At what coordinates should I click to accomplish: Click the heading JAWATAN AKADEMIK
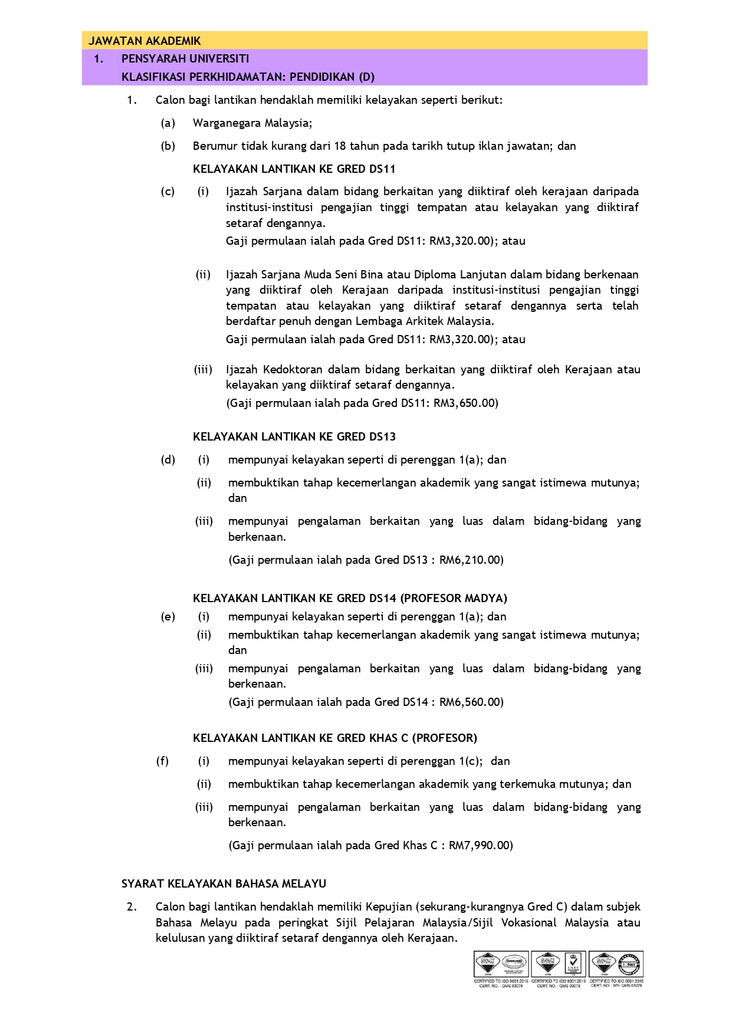point(145,41)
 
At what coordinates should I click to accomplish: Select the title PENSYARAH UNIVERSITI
point(185,58)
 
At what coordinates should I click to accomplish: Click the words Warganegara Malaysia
point(252,123)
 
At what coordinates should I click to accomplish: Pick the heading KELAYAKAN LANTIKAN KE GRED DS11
point(294,169)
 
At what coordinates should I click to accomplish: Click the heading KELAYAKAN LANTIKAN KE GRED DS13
point(294,436)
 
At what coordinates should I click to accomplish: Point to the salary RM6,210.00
point(470,560)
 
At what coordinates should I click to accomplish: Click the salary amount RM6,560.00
point(470,702)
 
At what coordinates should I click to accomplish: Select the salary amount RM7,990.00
point(480,845)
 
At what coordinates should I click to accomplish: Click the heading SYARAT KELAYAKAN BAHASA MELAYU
point(224,883)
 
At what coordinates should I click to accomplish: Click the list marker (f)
point(162,761)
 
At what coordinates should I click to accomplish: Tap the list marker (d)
point(168,459)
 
